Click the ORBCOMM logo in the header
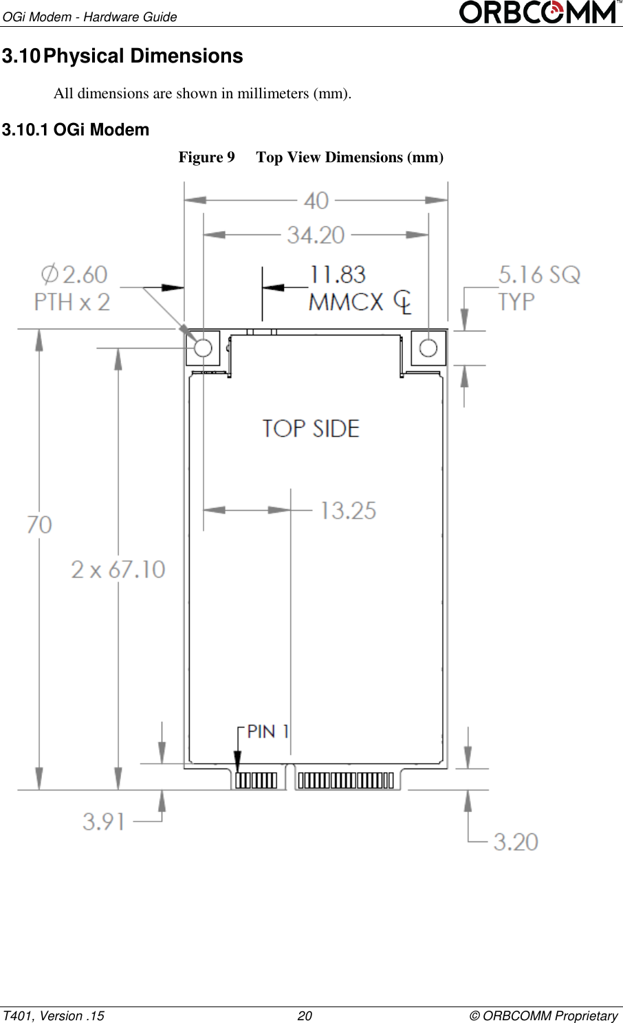pos(538,12)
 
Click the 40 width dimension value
pos(316,201)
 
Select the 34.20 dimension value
pos(316,235)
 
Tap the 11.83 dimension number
pos(338,275)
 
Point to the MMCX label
pos(346,302)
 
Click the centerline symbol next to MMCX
pos(403,302)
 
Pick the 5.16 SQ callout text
pos(539,275)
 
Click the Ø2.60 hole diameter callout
pos(74,275)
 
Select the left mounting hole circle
pos(203,348)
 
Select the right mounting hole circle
pos(428,348)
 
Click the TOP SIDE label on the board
pos(311,429)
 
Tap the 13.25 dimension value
pos(348,511)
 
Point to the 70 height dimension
pos(39,525)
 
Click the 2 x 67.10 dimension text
pos(118,569)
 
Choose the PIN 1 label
pos(267,731)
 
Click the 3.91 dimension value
pos(104,822)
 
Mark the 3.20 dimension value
pos(516,842)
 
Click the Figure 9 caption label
pos(206,157)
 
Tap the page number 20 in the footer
pos(305,1015)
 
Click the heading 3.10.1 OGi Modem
pos(76,130)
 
